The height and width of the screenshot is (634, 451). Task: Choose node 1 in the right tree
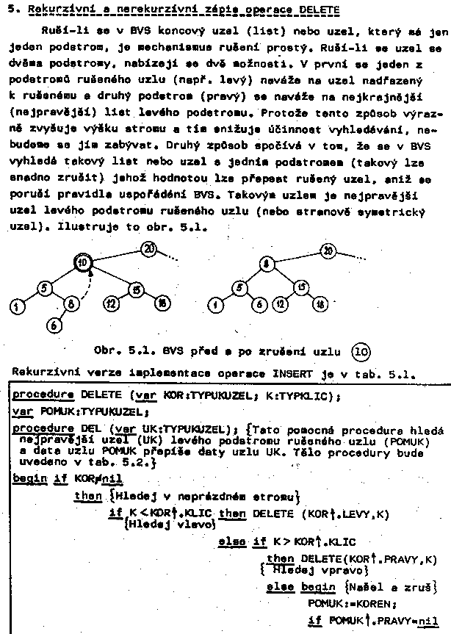215,303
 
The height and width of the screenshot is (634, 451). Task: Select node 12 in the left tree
112,302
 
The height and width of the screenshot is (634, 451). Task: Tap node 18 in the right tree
320,303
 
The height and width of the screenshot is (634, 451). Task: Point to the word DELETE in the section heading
320,10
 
